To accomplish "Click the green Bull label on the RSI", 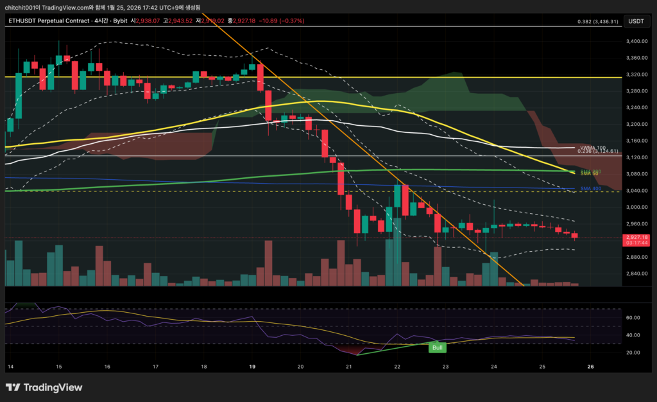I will click(x=437, y=347).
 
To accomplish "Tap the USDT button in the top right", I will click(x=635, y=21).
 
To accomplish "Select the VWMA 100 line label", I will click(x=592, y=148).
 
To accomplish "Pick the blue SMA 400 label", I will click(x=590, y=189).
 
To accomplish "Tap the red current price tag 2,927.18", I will click(x=635, y=238).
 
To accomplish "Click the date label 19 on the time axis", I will click(x=252, y=367).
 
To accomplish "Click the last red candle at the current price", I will click(x=574, y=236).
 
